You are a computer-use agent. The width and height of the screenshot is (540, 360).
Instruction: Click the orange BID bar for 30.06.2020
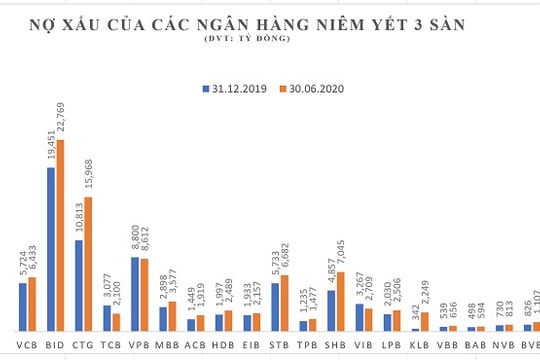[60, 235]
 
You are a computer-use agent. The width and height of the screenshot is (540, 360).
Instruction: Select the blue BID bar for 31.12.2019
[50, 250]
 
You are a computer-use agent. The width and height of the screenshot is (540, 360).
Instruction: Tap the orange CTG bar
[88, 264]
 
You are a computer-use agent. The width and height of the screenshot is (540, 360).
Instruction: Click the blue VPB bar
[136, 294]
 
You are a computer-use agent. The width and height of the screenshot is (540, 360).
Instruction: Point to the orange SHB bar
[340, 301]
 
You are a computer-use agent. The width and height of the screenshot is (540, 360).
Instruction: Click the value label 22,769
[60, 115]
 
